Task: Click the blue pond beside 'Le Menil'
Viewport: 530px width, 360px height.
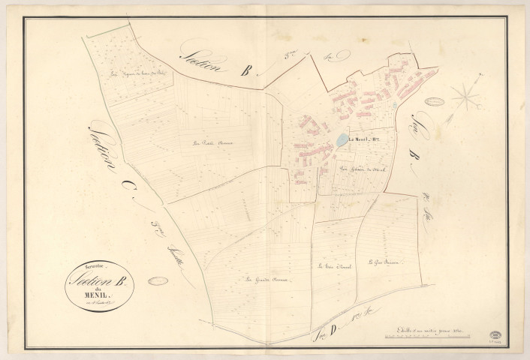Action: [342, 140]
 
